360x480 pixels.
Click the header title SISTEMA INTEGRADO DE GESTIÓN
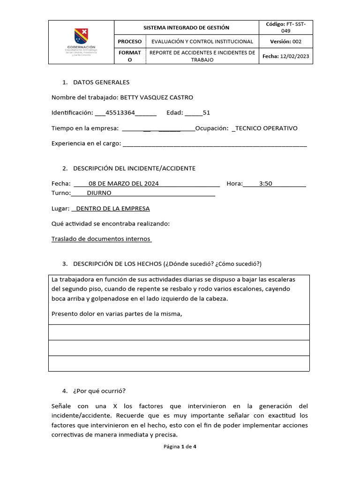(x=186, y=28)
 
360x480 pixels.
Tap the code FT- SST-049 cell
(x=285, y=27)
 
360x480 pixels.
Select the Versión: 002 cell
(x=285, y=42)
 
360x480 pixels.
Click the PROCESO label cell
(x=130, y=42)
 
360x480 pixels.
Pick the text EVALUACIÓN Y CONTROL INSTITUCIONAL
(x=202, y=42)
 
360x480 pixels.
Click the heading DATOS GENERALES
(x=101, y=82)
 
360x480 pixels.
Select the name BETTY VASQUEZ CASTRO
(x=157, y=97)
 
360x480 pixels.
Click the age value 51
(x=206, y=113)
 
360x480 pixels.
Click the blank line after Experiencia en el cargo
(x=214, y=144)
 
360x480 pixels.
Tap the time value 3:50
(x=265, y=184)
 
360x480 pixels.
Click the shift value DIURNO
(x=99, y=193)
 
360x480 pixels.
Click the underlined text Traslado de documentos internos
(x=101, y=239)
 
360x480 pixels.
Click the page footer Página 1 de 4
(x=180, y=447)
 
